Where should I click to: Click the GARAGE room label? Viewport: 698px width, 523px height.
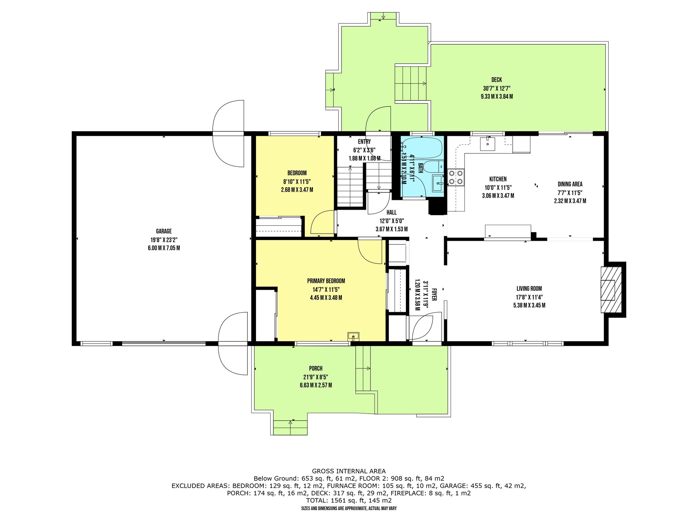tap(164, 231)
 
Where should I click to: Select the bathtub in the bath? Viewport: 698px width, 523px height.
tap(422, 148)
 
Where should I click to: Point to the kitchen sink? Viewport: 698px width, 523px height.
tap(488, 143)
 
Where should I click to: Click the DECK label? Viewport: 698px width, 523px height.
tap(497, 80)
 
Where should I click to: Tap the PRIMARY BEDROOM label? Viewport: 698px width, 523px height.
tap(326, 281)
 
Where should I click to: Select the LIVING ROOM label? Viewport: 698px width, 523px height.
tap(529, 289)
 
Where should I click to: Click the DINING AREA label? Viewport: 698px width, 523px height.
tap(570, 184)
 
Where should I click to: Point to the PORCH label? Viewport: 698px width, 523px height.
tap(316, 368)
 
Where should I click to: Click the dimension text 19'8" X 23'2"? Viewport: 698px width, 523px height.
tap(164, 240)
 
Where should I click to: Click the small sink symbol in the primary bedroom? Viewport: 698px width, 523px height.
tap(353, 336)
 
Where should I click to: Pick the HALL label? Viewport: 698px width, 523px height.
tap(392, 212)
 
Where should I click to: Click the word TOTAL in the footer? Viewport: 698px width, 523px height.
tap(317, 501)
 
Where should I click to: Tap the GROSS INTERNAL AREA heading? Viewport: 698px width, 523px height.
tap(349, 471)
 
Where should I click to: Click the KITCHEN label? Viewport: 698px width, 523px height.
tap(498, 179)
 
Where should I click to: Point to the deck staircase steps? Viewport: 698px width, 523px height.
tap(411, 84)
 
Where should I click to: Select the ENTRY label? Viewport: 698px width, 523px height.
tap(364, 142)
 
